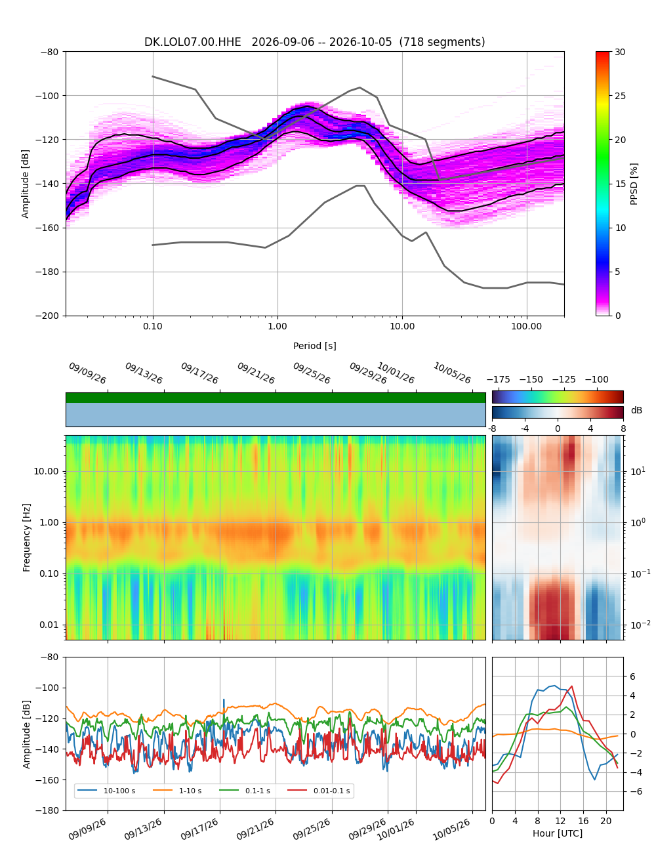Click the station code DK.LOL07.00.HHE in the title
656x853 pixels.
192,42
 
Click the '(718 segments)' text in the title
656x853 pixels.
441,42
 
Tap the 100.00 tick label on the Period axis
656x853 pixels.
526,326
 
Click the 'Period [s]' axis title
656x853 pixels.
314,346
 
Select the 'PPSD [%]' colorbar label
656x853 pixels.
633,184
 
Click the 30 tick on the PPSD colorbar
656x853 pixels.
620,52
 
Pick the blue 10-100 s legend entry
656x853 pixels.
106,791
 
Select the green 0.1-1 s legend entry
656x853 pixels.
245,791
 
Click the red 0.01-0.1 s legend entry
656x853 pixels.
319,791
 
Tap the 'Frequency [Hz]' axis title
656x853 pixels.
26,537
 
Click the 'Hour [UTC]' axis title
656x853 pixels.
557,833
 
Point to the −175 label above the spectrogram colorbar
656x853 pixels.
499,380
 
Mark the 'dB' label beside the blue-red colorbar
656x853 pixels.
636,410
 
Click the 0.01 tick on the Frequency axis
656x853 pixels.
49,625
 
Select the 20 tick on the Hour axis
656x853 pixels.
605,820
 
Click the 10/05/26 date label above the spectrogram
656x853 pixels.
451,373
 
